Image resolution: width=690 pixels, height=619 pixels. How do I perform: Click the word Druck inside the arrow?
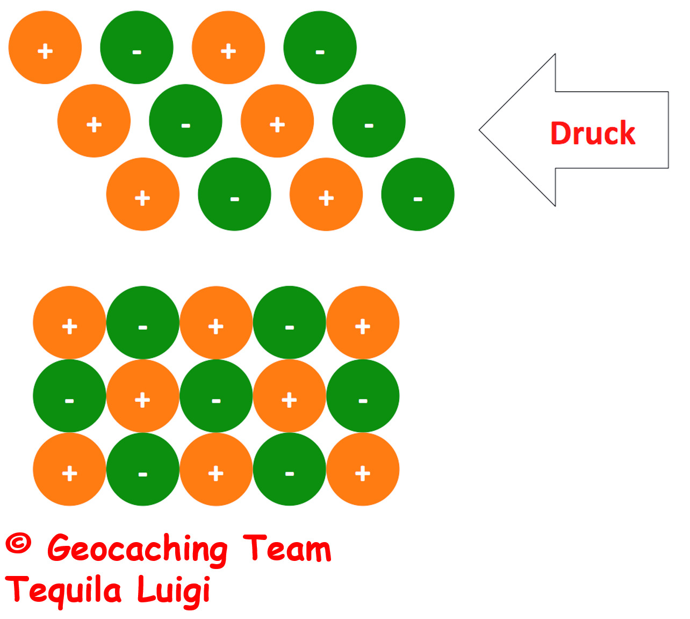coord(592,133)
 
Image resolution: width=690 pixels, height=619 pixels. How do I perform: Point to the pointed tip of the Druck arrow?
coord(479,130)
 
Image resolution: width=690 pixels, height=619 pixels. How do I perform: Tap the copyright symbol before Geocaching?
coord(18,543)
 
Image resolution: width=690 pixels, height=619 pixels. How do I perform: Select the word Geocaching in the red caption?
coord(137,548)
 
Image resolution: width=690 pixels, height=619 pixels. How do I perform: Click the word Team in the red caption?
coord(287,547)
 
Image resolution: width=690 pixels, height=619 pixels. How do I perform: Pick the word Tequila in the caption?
coord(63,590)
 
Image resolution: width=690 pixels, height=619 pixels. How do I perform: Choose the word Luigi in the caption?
coord(174,590)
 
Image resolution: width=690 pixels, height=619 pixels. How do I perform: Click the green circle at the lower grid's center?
coord(216,396)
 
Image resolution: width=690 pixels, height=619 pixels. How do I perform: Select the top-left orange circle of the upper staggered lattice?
coord(45,47)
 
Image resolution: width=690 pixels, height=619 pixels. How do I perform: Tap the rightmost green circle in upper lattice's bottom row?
coord(418,194)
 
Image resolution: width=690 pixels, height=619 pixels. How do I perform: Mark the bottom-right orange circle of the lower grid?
coord(363,469)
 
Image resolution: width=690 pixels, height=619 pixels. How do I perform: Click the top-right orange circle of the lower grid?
coord(363,323)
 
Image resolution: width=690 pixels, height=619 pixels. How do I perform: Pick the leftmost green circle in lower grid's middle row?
coord(69,396)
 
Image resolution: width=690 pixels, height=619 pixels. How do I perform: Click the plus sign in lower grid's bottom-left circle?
coord(69,473)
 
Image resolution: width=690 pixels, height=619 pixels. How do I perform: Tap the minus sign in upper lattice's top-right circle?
coord(320,52)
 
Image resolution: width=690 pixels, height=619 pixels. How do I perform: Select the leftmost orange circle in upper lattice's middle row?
coord(94,120)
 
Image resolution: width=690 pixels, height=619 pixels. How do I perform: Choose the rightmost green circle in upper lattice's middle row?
coord(369,120)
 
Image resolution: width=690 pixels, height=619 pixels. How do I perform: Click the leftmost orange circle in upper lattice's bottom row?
coord(143,194)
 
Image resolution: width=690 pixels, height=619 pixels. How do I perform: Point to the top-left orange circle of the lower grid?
coord(69,323)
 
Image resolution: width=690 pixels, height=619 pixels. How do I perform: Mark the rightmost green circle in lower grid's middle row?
coord(363,396)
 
